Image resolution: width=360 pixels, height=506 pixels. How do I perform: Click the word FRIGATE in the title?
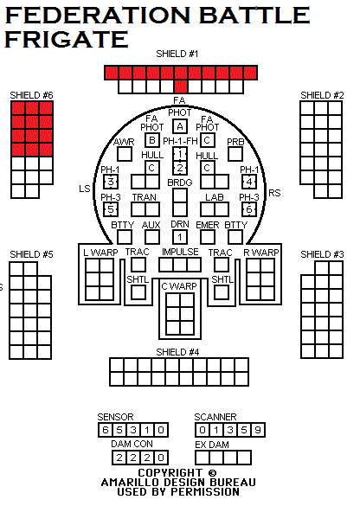pyautogui.click(x=67, y=39)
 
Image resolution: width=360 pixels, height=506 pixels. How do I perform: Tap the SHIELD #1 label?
pyautogui.click(x=177, y=54)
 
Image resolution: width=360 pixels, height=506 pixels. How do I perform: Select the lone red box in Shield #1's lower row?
pyautogui.click(x=181, y=86)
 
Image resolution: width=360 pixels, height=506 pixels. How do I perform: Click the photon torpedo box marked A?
pyautogui.click(x=180, y=126)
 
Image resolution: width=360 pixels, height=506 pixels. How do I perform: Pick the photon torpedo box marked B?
pyautogui.click(x=152, y=140)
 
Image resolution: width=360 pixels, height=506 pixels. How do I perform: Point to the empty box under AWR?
pyautogui.click(x=125, y=154)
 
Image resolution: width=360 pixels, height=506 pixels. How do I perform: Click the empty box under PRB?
pyautogui.click(x=235, y=154)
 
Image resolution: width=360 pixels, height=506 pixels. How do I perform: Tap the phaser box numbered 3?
pyautogui.click(x=111, y=182)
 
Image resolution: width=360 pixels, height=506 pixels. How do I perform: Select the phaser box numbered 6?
pyautogui.click(x=249, y=209)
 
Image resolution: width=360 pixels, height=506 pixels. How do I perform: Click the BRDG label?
pyautogui.click(x=180, y=183)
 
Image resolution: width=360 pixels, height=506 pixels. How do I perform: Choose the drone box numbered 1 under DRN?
pyautogui.click(x=180, y=237)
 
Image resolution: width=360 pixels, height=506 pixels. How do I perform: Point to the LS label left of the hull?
pyautogui.click(x=85, y=189)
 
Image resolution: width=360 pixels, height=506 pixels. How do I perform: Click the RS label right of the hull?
pyautogui.click(x=274, y=193)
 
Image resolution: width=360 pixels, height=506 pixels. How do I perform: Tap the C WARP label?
pyautogui.click(x=179, y=286)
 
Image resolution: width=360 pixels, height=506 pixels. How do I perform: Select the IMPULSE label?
pyautogui.click(x=180, y=252)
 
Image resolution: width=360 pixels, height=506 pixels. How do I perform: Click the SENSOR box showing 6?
pyautogui.click(x=106, y=430)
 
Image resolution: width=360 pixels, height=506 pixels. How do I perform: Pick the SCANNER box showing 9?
pyautogui.click(x=258, y=430)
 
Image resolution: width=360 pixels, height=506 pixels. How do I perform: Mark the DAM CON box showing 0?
pyautogui.click(x=161, y=458)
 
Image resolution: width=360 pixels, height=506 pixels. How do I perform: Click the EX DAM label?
pyautogui.click(x=212, y=445)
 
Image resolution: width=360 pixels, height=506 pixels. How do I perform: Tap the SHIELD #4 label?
pyautogui.click(x=177, y=352)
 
